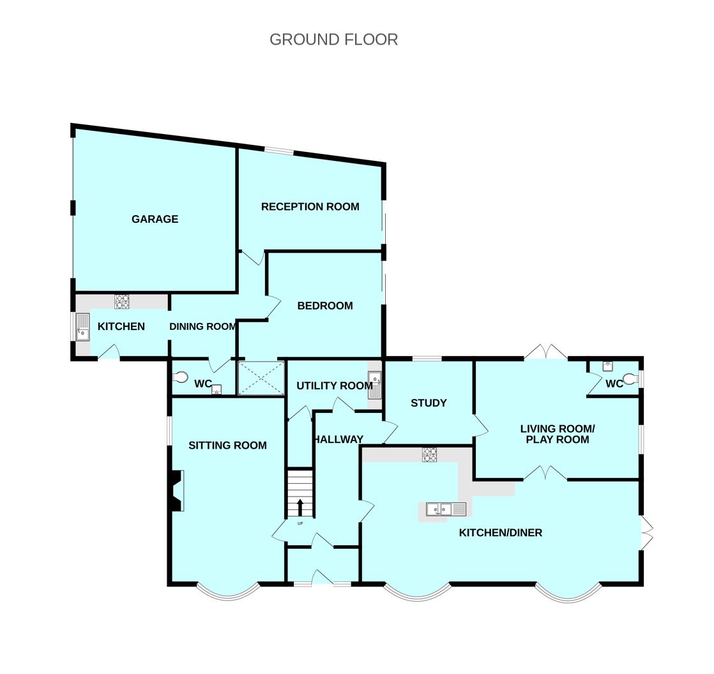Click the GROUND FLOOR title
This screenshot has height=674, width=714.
coord(334,40)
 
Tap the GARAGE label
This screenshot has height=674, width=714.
coord(155,219)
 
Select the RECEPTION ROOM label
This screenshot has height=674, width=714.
coord(310,207)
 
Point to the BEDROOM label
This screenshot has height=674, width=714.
coord(325,306)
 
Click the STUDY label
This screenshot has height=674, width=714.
coord(429,403)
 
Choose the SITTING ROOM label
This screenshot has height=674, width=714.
coord(228,446)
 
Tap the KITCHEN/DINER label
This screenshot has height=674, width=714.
coord(501,532)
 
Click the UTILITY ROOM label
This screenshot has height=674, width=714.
coord(335,386)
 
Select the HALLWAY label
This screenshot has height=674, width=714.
coord(339,439)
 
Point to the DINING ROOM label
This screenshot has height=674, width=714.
coord(202,326)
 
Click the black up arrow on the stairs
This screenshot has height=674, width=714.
coord(300,507)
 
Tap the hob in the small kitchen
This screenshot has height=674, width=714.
coord(121,302)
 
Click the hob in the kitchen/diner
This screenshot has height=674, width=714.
coord(429,455)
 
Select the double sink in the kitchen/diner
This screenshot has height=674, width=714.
coord(446,509)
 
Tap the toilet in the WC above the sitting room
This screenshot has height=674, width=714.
coord(181,377)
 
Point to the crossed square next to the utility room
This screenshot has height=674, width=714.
coord(261,378)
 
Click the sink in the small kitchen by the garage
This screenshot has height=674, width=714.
coord(83,327)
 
